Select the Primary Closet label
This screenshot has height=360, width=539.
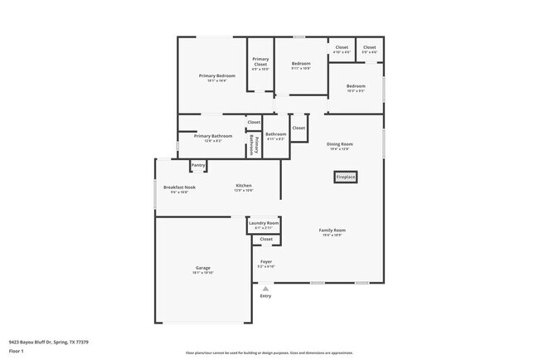coord(260,60)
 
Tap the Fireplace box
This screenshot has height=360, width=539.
coord(346,177)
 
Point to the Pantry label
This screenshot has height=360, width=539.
coord(198,165)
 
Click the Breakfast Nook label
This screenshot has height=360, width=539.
coord(179,187)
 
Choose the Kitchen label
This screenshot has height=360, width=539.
coord(244,185)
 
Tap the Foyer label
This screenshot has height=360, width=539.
coord(265,261)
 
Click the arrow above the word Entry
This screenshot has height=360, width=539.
coord(265,288)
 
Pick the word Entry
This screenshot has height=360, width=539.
coord(265,296)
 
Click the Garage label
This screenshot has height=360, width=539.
coord(202,267)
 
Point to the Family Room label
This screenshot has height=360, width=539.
coord(333,230)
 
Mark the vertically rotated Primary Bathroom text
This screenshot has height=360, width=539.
coord(253,144)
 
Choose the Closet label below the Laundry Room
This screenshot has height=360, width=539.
coord(266,239)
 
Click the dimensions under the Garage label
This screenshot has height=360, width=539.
coord(202,272)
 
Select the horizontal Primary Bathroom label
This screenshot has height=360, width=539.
coord(213,135)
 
